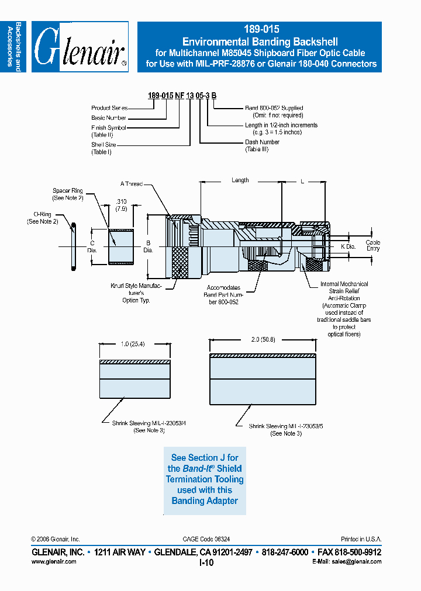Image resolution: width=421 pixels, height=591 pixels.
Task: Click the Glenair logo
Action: pyautogui.click(x=80, y=47)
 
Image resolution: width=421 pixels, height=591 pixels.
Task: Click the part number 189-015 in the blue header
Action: pyautogui.click(x=259, y=29)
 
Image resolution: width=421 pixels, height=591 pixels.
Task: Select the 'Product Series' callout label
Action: pyautogui.click(x=109, y=108)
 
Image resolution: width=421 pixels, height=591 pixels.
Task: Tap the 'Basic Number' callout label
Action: pyautogui.click(x=109, y=118)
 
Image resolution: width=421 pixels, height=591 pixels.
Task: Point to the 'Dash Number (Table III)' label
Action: pyautogui.click(x=262, y=145)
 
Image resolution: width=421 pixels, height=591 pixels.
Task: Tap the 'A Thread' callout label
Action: pyautogui.click(x=132, y=184)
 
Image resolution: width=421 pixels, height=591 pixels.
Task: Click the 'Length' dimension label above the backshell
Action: pyautogui.click(x=240, y=180)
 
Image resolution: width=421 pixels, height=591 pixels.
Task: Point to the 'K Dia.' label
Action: pyautogui.click(x=348, y=247)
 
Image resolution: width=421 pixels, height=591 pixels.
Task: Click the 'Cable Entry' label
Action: pyautogui.click(x=372, y=245)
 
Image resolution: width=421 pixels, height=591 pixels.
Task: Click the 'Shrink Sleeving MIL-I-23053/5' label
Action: pyautogui.click(x=285, y=430)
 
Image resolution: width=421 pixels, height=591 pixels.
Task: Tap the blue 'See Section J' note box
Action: pyautogui.click(x=205, y=479)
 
